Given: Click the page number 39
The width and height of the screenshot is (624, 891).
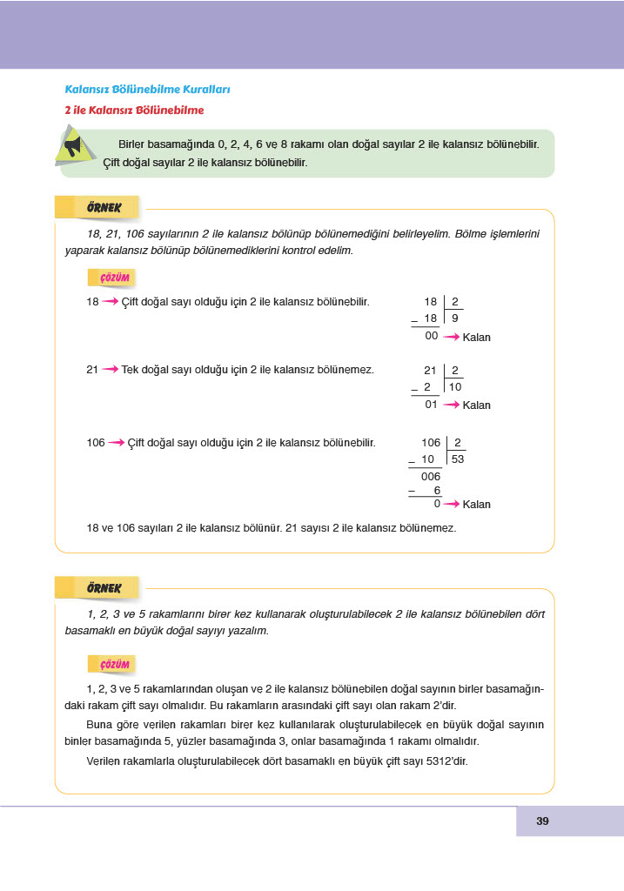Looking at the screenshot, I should [x=542, y=821].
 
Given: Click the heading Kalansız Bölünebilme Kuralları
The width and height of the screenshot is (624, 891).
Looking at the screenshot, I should [x=147, y=90].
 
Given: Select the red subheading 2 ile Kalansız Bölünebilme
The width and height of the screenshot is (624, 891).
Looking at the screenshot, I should [x=134, y=111].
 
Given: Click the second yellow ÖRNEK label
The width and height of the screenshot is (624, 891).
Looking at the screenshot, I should [x=104, y=588].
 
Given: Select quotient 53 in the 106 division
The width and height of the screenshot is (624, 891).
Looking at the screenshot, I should [x=458, y=459].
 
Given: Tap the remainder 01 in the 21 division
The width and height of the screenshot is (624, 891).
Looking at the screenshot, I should [x=431, y=404].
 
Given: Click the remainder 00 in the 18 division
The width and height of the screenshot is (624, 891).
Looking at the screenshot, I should [x=431, y=336].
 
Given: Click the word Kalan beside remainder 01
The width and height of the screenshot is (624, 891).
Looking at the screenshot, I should [x=477, y=405].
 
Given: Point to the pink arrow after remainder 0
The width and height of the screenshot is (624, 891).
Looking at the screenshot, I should [x=452, y=504].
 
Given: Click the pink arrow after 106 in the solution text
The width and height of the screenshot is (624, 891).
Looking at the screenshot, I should [x=117, y=443].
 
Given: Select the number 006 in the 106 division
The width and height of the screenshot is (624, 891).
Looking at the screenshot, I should [x=431, y=476].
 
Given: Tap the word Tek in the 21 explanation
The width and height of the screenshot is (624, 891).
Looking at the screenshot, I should [x=131, y=370].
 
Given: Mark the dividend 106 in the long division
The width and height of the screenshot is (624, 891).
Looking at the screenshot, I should [x=431, y=443].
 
